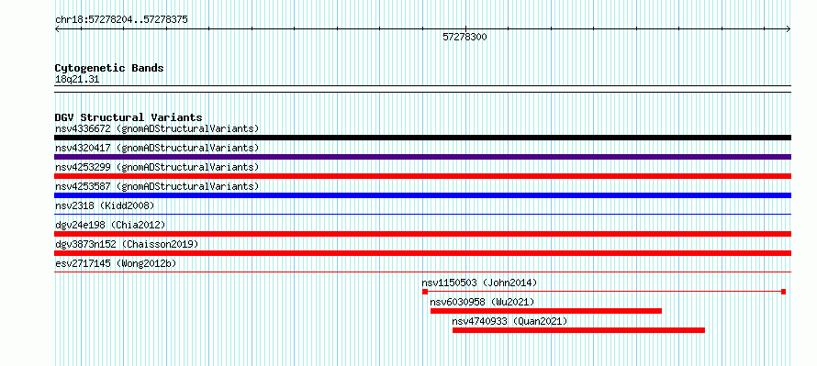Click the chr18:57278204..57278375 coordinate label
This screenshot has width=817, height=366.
(121, 20)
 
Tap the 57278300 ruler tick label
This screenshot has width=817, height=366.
(464, 37)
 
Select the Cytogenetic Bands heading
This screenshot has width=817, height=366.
(109, 68)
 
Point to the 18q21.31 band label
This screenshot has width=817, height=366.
(77, 80)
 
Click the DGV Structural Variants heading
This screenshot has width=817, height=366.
(129, 117)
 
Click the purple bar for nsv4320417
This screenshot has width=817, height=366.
(422, 157)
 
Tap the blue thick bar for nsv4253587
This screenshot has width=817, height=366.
(422, 195)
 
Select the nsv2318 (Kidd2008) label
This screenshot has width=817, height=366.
(105, 205)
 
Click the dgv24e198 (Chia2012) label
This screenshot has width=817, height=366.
(110, 225)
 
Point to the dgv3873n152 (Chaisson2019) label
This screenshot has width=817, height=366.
(127, 244)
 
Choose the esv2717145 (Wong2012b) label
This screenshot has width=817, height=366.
(116, 263)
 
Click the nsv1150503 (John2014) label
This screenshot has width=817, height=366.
(479, 283)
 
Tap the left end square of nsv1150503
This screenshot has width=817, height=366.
(425, 292)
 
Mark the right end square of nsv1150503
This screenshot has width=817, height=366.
(783, 292)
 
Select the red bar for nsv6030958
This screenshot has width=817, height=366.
(546, 311)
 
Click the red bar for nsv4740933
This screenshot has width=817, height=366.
(578, 330)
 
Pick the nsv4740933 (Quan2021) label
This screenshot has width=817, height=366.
(509, 321)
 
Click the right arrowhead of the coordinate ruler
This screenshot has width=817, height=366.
(789, 29)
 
